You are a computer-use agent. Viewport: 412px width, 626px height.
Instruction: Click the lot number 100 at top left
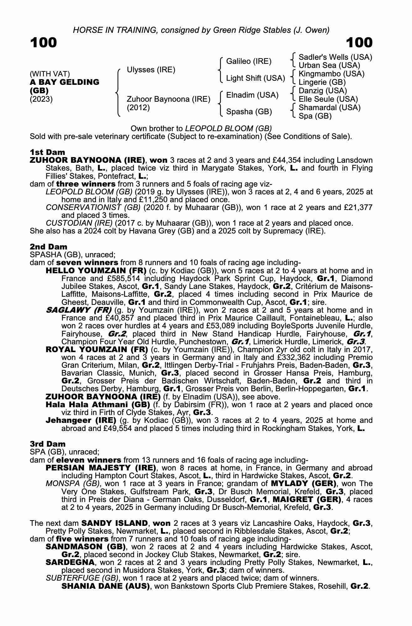[44, 43]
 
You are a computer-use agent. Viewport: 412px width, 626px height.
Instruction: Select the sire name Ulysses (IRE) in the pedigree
[151, 70]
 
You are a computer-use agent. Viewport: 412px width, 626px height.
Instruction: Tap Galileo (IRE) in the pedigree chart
[249, 61]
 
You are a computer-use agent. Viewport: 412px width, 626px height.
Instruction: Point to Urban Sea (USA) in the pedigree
[329, 65]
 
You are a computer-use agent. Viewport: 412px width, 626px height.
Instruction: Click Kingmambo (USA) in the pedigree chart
[331, 74]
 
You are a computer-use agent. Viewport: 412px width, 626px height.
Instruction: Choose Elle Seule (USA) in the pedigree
[328, 99]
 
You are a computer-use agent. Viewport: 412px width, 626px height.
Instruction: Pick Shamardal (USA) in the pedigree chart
[330, 108]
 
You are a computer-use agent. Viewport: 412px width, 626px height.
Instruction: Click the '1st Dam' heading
[48, 152]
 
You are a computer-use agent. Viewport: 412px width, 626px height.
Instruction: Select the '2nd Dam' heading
[49, 247]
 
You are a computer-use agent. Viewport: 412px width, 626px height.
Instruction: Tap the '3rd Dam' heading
[48, 444]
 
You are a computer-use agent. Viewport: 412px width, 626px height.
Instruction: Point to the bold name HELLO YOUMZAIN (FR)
[96, 270]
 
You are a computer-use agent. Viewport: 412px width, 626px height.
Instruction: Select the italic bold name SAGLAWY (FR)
[79, 310]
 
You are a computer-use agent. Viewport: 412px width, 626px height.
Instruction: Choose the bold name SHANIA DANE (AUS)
[106, 586]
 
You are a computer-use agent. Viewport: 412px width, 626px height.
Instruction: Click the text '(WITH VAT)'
[50, 74]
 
